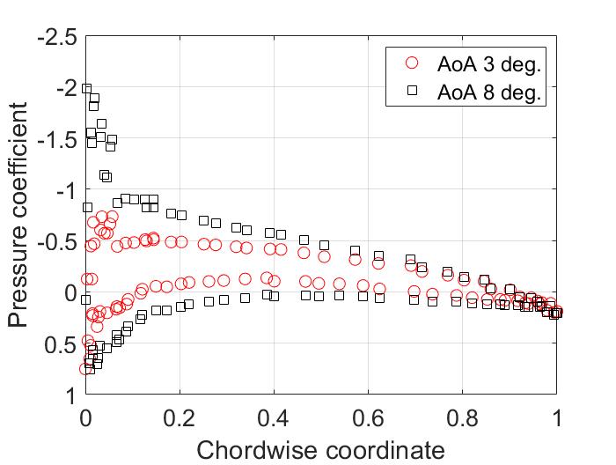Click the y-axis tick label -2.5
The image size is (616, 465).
[x=56, y=39]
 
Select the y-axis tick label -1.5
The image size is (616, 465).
[x=56, y=141]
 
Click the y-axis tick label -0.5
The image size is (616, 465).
[x=56, y=243]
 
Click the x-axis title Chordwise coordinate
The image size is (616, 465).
[x=320, y=450]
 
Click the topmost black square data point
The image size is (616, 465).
[x=86, y=88]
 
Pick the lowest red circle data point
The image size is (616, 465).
[x=85, y=368]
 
